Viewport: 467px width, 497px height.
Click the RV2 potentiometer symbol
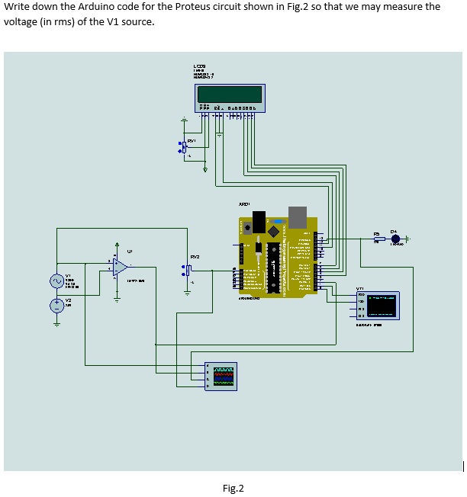[185, 270]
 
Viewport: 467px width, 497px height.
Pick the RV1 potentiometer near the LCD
[183, 146]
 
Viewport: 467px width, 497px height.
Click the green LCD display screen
[229, 95]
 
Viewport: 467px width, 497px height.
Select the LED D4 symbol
[396, 239]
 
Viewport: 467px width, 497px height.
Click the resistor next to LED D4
[378, 239]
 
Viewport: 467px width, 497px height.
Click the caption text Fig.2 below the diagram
[233, 488]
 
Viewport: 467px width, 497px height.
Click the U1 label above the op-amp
[130, 248]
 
